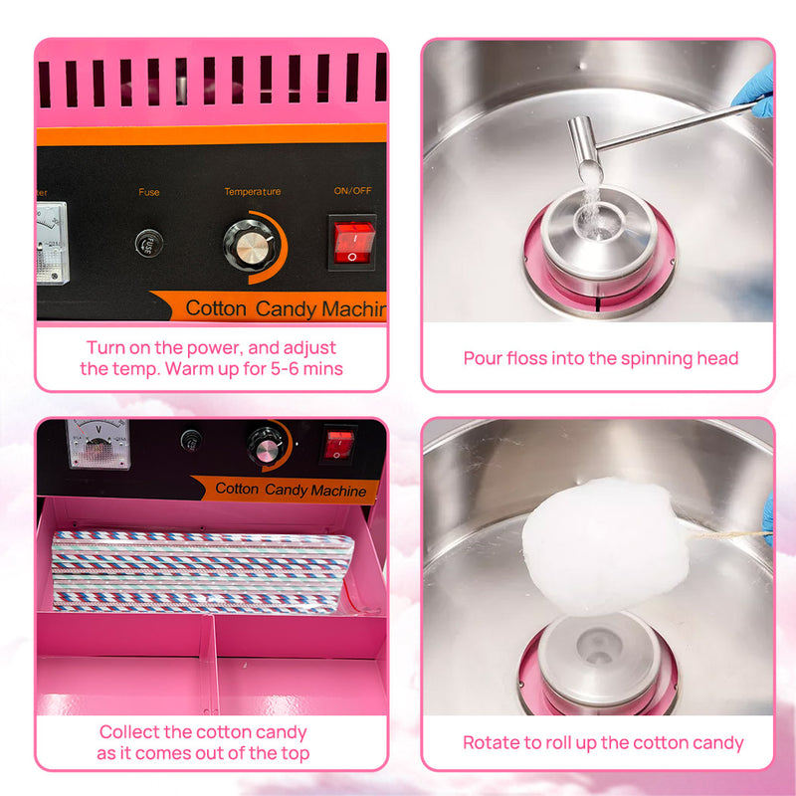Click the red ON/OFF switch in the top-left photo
(353, 242)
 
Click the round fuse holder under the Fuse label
(149, 241)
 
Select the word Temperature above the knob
(252, 191)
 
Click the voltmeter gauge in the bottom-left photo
(98, 443)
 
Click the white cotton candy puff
(605, 543)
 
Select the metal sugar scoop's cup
(584, 148)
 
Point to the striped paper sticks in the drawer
(199, 569)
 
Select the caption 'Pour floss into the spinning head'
(601, 358)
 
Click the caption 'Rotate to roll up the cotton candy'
(603, 742)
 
